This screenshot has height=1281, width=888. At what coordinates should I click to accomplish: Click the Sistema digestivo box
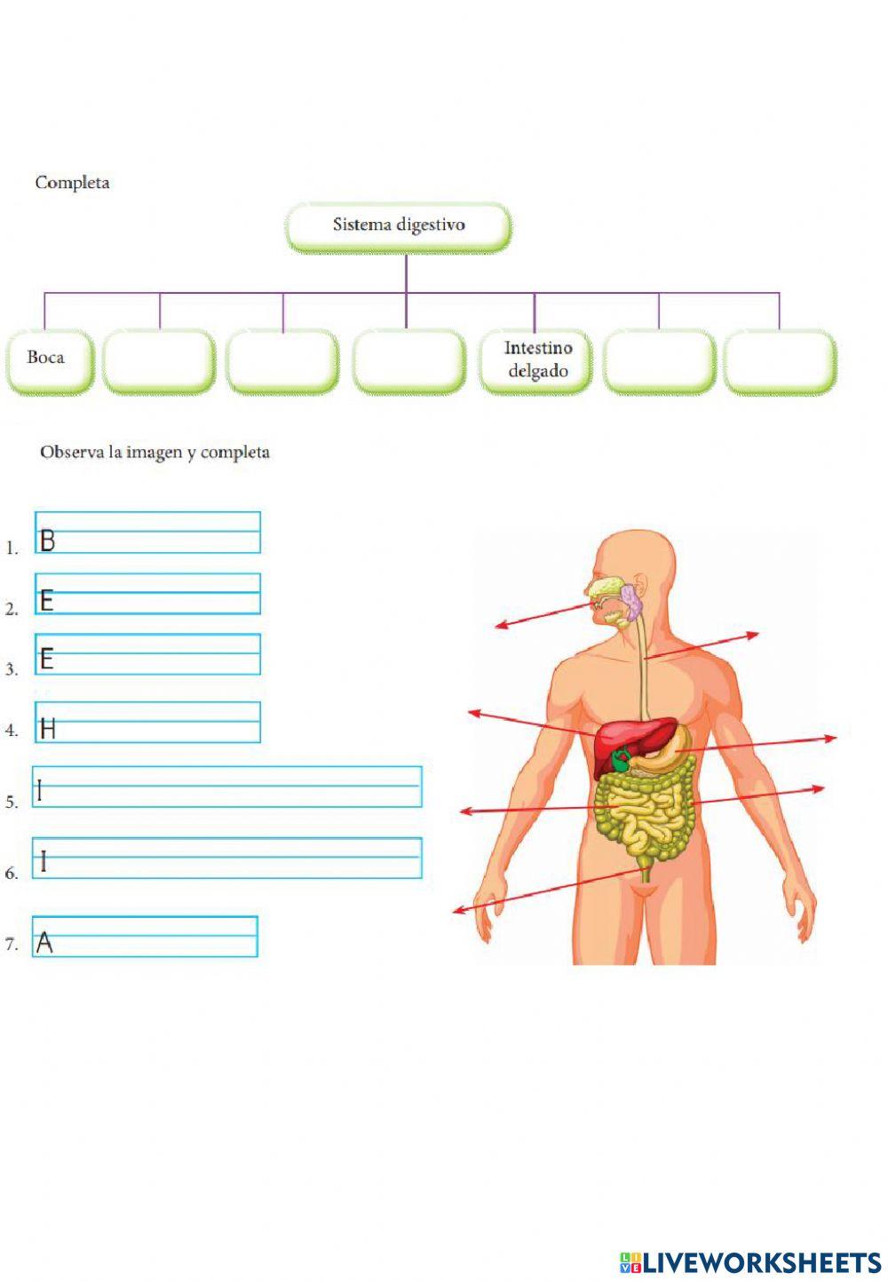(x=399, y=226)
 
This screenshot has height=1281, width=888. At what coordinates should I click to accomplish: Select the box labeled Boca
(x=50, y=360)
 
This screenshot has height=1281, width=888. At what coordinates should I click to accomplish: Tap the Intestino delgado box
(x=536, y=360)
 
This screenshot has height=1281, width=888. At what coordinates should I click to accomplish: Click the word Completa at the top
(x=73, y=183)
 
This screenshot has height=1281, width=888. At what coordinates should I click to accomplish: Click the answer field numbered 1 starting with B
(x=147, y=533)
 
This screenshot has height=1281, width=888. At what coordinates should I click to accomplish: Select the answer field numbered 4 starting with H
(x=147, y=723)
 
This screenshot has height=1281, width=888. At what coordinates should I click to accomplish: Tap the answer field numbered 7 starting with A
(x=145, y=937)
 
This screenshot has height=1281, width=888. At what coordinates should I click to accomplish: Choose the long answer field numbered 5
(x=227, y=787)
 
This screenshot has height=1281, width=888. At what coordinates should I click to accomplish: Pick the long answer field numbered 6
(x=227, y=858)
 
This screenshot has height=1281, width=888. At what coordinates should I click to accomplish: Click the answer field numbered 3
(x=147, y=654)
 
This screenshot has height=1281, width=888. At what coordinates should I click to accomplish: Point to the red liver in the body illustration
(x=627, y=736)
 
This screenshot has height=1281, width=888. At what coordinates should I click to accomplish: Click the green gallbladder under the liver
(x=621, y=760)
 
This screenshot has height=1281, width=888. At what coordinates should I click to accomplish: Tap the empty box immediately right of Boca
(x=159, y=360)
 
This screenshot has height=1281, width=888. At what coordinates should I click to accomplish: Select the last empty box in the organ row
(x=780, y=360)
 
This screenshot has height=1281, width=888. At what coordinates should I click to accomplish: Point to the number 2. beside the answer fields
(x=12, y=609)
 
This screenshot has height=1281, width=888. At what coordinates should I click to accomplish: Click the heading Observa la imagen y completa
(x=155, y=453)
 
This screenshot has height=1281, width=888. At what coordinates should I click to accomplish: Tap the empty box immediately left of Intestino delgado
(x=408, y=360)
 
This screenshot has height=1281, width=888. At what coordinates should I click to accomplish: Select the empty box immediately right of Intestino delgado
(x=659, y=360)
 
